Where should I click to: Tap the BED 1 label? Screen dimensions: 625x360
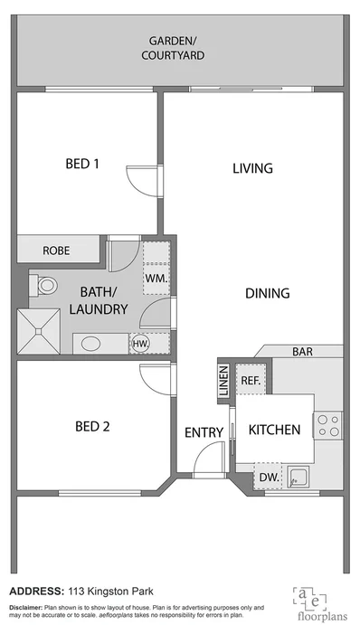(x=82, y=164)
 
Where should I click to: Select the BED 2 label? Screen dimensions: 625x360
(x=91, y=426)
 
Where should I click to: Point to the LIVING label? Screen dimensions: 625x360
(x=252, y=168)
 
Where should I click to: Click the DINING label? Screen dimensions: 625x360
(x=267, y=293)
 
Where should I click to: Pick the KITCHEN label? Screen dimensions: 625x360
(x=274, y=431)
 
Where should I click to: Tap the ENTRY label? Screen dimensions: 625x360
(x=204, y=432)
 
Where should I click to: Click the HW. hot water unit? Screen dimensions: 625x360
(x=140, y=344)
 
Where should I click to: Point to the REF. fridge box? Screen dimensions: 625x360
(x=251, y=380)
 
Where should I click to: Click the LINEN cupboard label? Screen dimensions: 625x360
(x=223, y=380)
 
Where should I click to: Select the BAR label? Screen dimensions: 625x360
(x=302, y=351)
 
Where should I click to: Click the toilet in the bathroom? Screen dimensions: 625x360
(x=43, y=286)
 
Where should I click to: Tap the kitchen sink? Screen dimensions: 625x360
(x=299, y=477)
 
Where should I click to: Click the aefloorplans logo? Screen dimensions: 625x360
(x=315, y=601)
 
